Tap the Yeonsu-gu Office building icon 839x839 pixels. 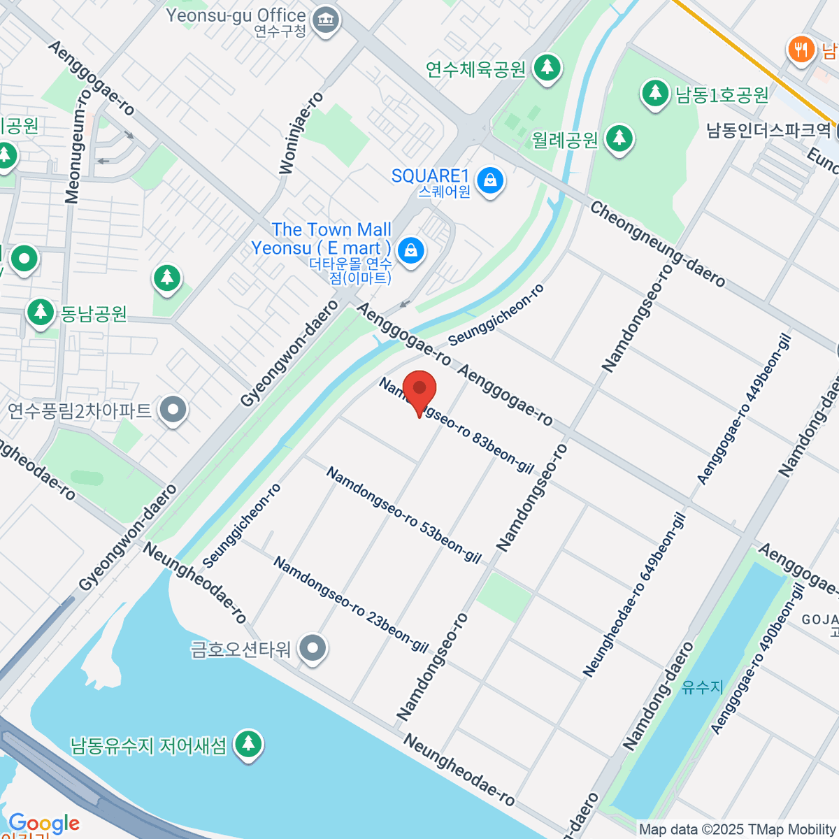coord(324,21)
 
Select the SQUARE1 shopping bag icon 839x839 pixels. coord(491,181)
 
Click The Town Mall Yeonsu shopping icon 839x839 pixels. coord(410,250)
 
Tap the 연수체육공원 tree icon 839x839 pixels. coord(547,68)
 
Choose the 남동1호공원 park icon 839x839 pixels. coord(655,93)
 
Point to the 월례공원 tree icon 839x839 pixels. coord(619,139)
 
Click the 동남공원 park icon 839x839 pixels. coord(41,313)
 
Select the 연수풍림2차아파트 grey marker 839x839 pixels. coord(173,410)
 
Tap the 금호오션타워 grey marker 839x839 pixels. coord(313,649)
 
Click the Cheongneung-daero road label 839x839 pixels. coord(657,244)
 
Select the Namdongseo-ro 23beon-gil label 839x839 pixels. coord(350,604)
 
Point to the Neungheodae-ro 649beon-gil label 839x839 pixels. coord(634,595)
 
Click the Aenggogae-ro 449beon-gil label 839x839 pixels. coord(744,409)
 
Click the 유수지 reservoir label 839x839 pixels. coord(702,687)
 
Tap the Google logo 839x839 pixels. coord(43,823)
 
